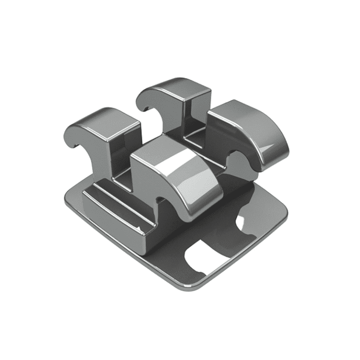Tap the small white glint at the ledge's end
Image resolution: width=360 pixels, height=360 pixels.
coord(141,229)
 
